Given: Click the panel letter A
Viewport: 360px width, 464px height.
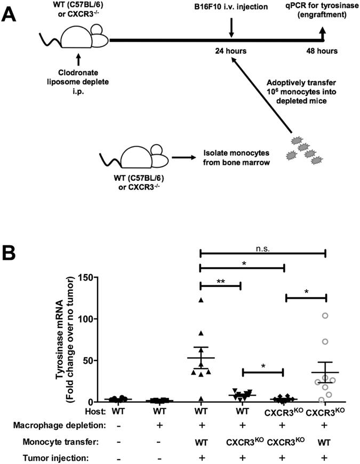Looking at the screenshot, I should [12, 12].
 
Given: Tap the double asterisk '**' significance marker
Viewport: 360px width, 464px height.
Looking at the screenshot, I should [221, 279].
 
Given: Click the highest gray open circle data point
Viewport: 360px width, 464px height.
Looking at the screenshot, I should [325, 316].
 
